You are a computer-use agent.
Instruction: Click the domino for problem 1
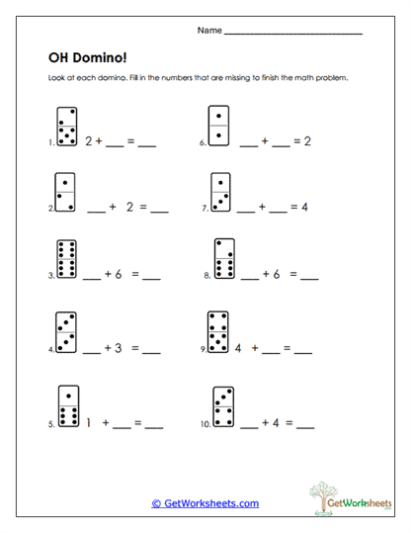[x=66, y=126]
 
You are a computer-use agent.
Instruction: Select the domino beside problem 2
[x=66, y=193]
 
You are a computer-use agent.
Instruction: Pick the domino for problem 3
[x=68, y=260]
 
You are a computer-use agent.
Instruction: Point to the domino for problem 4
[x=66, y=332]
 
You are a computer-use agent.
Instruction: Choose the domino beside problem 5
[x=68, y=404]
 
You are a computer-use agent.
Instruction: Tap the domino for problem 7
[x=221, y=193]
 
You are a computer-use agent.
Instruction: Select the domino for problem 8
[x=224, y=259]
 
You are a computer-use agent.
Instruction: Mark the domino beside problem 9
[x=219, y=331]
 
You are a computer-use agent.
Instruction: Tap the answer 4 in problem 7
[x=305, y=209]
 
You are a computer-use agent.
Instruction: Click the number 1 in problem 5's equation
[x=89, y=422]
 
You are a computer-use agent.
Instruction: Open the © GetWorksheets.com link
[x=205, y=503]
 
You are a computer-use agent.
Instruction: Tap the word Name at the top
[x=209, y=31]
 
